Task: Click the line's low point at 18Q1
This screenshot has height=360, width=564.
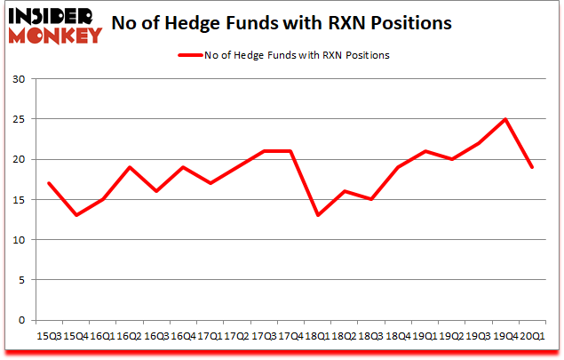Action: tap(318, 215)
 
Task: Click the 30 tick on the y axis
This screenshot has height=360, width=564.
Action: tap(20, 79)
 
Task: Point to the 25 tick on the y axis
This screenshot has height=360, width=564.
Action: tap(20, 119)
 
